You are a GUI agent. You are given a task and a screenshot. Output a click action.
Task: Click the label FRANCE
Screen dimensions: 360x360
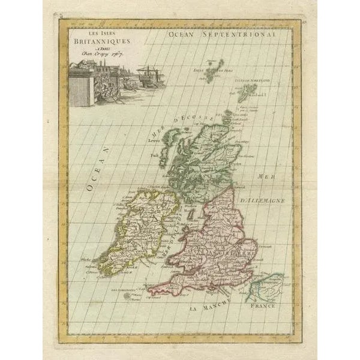pos(265,307)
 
